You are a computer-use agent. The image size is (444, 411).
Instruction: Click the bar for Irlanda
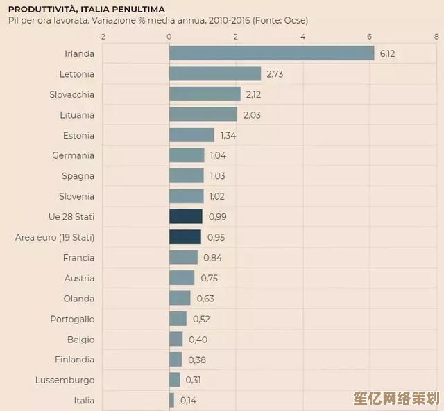(271, 53)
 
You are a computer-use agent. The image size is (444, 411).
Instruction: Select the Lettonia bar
(215, 73)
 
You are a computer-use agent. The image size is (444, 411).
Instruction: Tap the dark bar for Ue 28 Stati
(186, 217)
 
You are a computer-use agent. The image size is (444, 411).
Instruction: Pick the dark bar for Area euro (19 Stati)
(185, 237)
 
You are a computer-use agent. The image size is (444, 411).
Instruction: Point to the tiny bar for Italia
(172, 400)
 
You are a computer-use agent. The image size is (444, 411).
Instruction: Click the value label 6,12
(387, 53)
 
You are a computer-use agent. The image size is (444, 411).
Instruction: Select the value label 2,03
(252, 115)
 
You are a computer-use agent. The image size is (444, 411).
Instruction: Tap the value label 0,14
(188, 401)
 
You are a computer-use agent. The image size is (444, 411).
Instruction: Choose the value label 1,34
(228, 135)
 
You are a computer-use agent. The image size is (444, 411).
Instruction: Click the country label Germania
(73, 155)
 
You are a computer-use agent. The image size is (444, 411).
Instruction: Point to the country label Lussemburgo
(65, 380)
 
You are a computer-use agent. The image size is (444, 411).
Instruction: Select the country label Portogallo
(72, 319)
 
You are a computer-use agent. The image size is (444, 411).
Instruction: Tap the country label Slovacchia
(71, 94)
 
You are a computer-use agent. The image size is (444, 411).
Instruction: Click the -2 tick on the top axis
(103, 36)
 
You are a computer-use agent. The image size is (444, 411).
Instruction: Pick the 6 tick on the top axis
(369, 36)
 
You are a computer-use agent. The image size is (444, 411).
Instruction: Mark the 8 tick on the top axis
(436, 36)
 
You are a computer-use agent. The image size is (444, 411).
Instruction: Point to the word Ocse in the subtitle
(294, 20)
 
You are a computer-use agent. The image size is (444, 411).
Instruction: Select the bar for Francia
(184, 258)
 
